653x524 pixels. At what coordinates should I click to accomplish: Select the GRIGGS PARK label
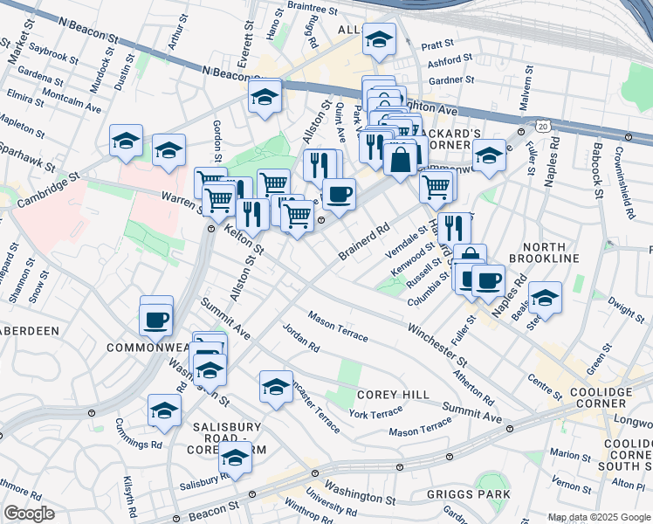tap(468, 494)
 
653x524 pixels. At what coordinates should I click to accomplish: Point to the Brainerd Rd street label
tap(363, 241)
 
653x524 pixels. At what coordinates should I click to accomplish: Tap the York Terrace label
tap(375, 412)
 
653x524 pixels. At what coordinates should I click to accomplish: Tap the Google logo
tap(29, 514)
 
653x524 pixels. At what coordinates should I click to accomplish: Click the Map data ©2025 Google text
tap(598, 518)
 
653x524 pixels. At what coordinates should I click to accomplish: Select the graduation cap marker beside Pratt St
tap(380, 38)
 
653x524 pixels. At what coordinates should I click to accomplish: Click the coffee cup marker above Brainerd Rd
tap(339, 194)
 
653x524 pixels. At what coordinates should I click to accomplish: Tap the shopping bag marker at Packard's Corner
tap(400, 161)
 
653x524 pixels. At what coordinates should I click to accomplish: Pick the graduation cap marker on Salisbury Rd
tap(234, 457)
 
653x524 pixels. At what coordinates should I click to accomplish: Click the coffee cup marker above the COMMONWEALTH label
tap(156, 319)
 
